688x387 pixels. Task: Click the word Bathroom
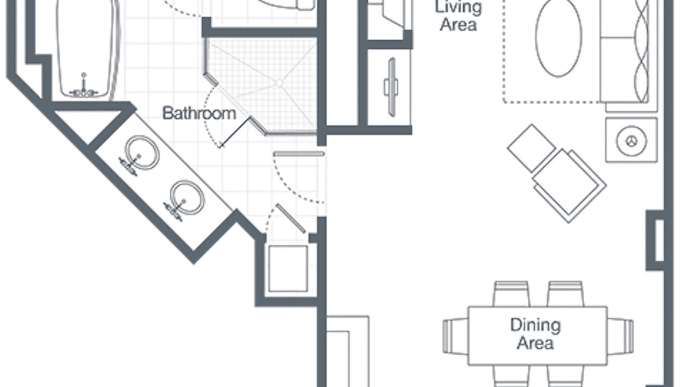(199, 113)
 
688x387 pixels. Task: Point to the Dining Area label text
(535, 334)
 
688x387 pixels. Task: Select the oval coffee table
(558, 38)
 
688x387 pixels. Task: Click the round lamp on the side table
(632, 141)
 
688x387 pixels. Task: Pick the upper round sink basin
(142, 153)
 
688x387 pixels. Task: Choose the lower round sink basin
(188, 197)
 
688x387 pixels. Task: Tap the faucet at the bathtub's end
(83, 88)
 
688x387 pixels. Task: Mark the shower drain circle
(279, 83)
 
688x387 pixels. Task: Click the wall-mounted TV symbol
(391, 87)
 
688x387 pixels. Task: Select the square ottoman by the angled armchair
(532, 148)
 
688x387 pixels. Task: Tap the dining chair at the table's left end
(456, 336)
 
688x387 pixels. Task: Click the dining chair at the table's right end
(620, 336)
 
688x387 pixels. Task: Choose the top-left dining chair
(511, 294)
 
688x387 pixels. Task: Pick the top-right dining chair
(565, 294)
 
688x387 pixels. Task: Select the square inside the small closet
(288, 268)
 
